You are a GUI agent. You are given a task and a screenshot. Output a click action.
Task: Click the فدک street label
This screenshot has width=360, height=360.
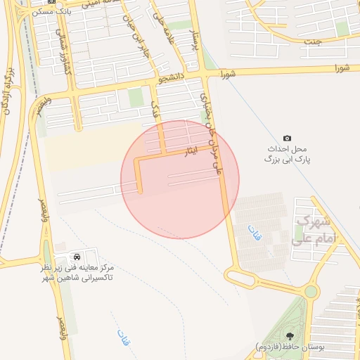(x=155, y=107)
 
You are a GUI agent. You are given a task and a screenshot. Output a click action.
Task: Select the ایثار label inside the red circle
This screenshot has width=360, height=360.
(x=190, y=151)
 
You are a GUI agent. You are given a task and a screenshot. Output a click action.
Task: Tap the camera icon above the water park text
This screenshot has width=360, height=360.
(x=287, y=138)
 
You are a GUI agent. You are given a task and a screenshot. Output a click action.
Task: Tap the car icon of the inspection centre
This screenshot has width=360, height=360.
(x=76, y=256)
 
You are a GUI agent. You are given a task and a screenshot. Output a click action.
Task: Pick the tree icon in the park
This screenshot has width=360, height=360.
(x=292, y=335)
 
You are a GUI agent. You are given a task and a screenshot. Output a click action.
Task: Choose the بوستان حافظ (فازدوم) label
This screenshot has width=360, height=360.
(x=290, y=348)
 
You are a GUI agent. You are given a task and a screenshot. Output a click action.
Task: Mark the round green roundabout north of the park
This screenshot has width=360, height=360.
(x=311, y=290)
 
